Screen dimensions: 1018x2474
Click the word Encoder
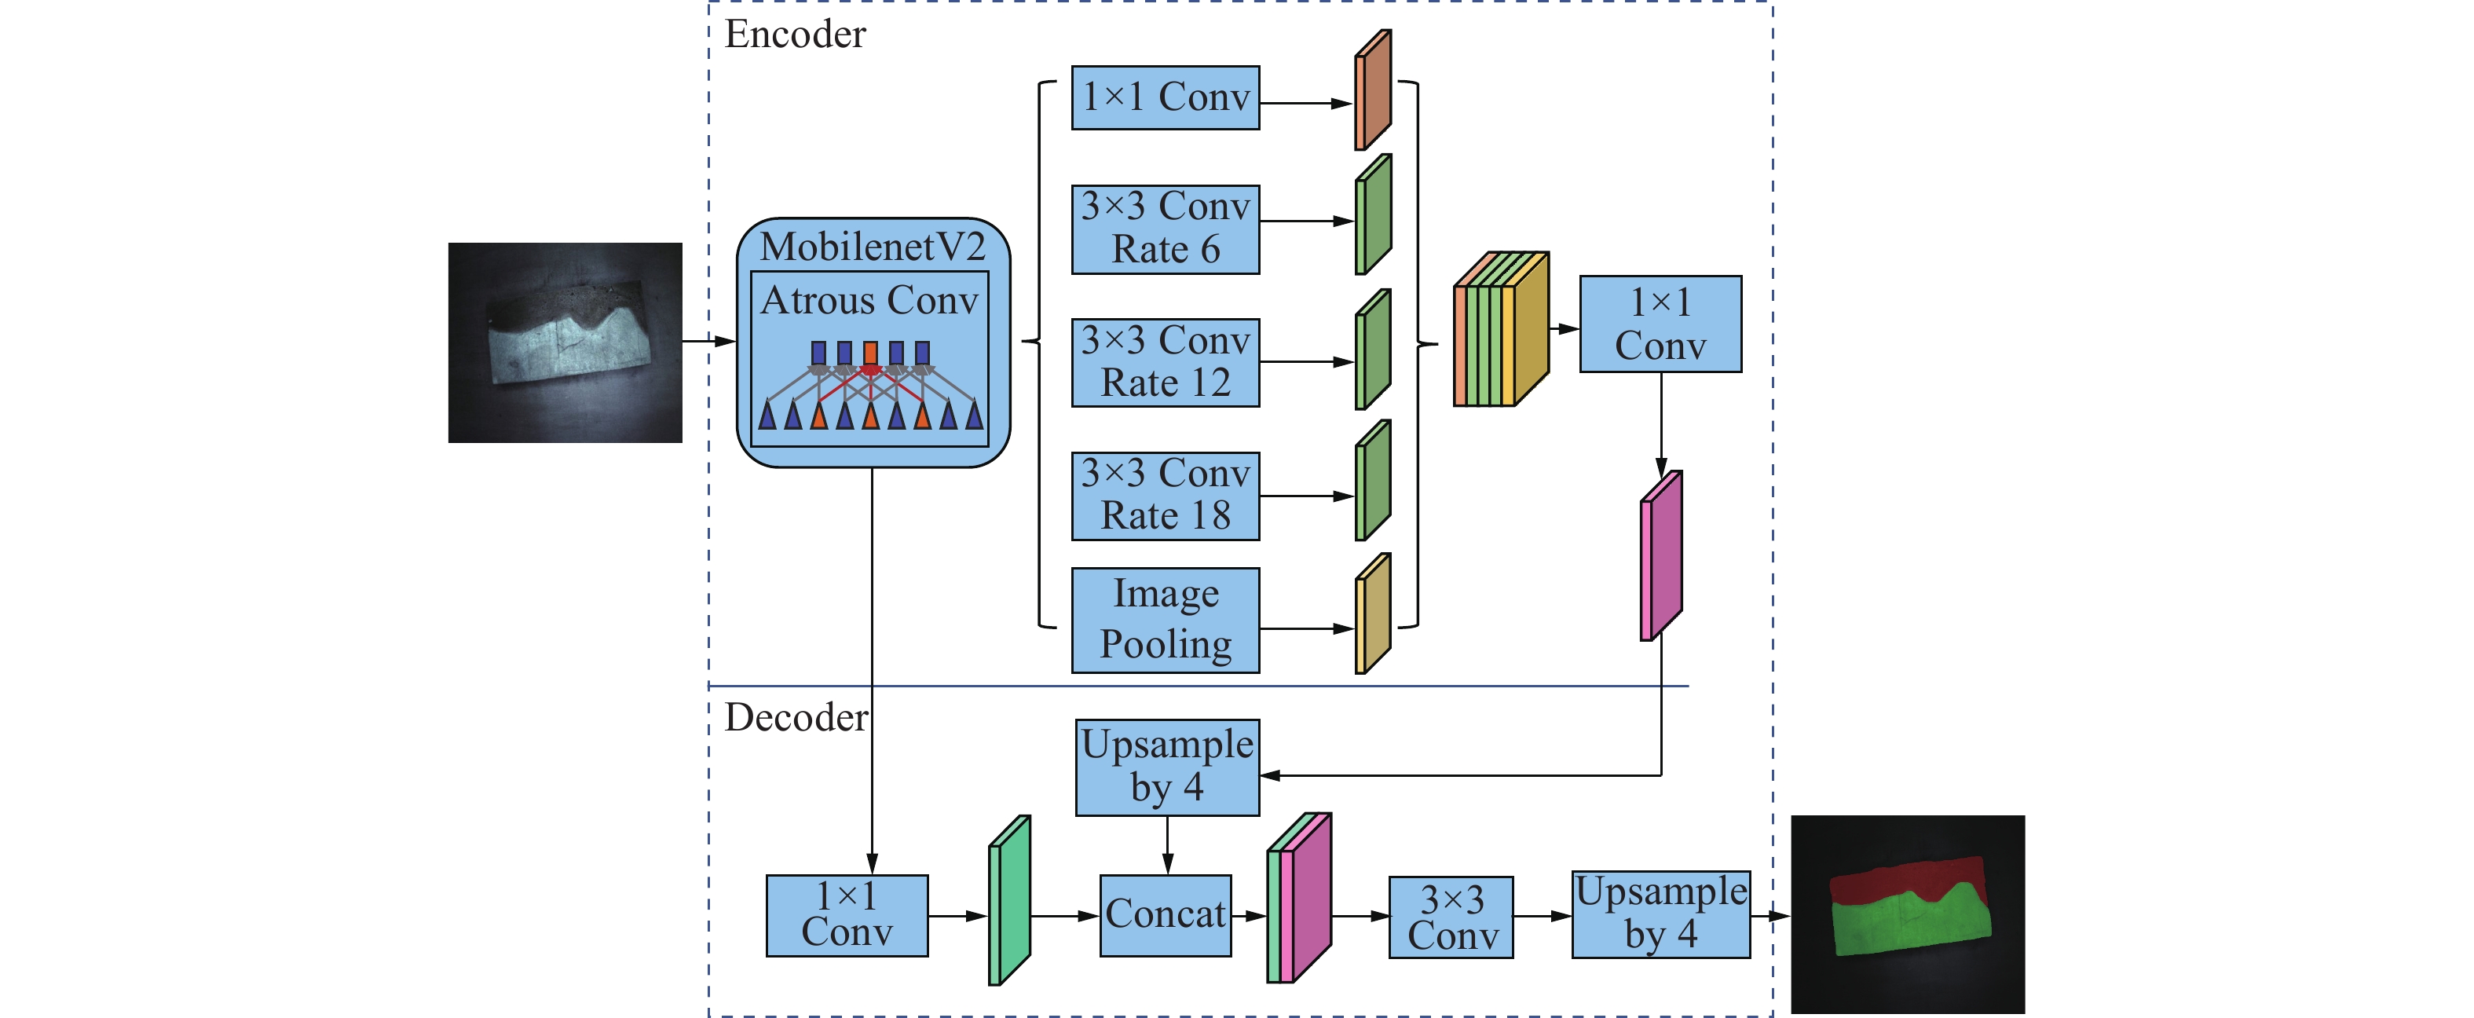(x=794, y=35)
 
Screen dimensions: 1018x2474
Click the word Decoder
(x=795, y=717)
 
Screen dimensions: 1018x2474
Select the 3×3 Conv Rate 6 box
(x=1165, y=229)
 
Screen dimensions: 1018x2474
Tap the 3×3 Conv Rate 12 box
(x=1165, y=362)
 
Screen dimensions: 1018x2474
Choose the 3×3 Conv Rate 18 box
(x=1165, y=496)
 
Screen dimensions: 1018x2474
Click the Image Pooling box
(x=1165, y=620)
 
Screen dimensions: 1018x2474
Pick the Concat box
(x=1165, y=914)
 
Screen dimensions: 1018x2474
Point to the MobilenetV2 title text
(x=872, y=247)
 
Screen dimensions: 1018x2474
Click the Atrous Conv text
(x=869, y=301)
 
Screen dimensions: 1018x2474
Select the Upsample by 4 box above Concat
(x=1167, y=767)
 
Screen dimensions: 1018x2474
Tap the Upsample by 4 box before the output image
(x=1660, y=914)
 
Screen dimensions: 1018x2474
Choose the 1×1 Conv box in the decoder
(x=846, y=915)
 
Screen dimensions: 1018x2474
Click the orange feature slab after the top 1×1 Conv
(x=1372, y=91)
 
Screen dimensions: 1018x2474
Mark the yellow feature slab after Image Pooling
(x=1372, y=614)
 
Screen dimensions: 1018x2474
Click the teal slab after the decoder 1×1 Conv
(x=1009, y=901)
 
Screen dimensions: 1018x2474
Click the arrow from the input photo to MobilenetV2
(x=708, y=341)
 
